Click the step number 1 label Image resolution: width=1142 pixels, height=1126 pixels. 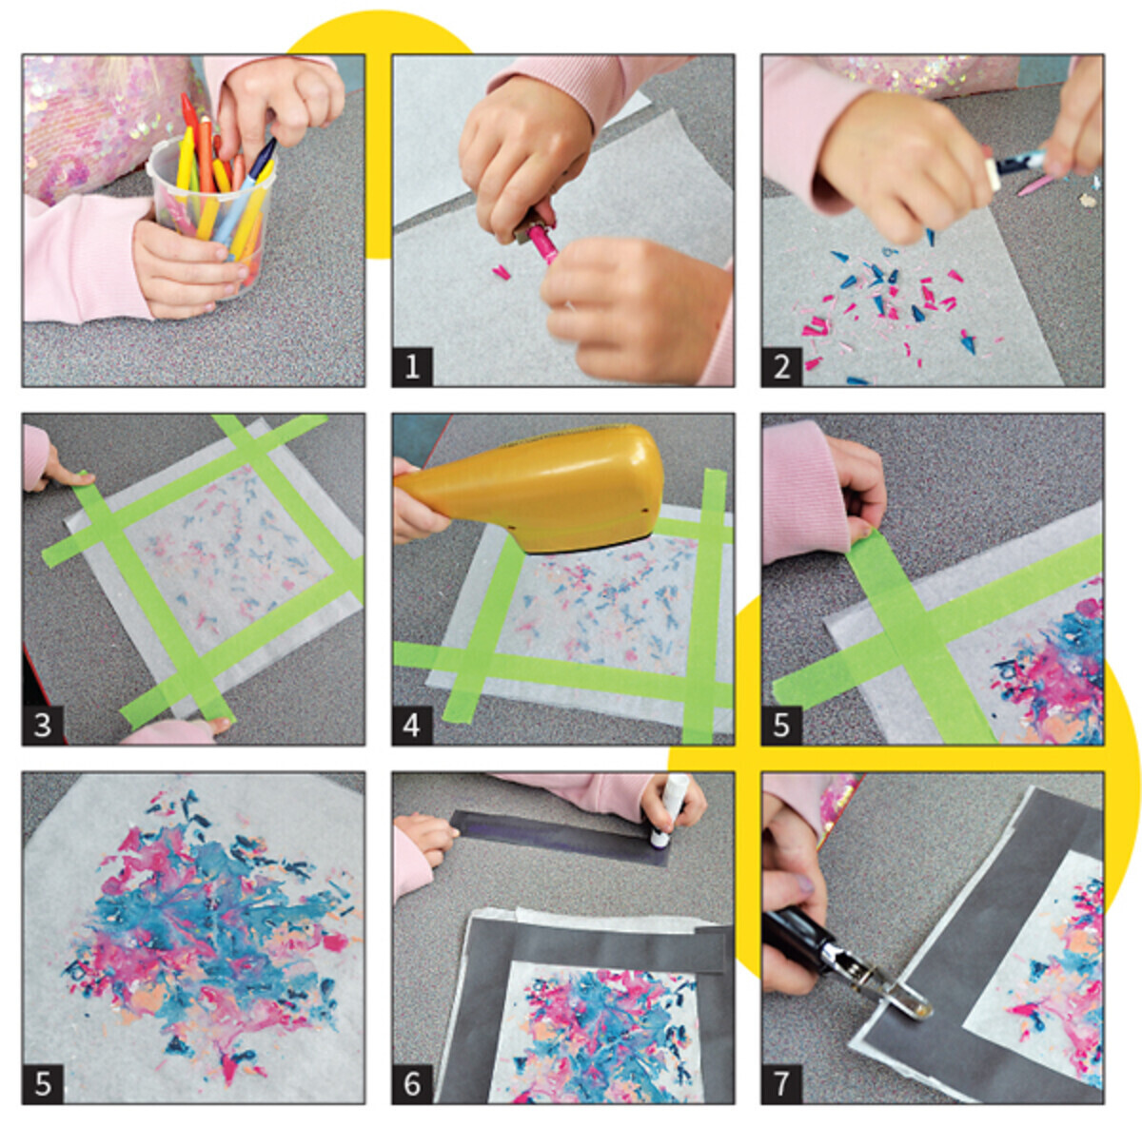(x=412, y=367)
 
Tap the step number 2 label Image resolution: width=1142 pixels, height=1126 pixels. (x=781, y=367)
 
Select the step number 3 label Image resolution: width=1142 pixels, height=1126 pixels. (x=43, y=726)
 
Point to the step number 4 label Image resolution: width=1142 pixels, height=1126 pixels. (x=412, y=726)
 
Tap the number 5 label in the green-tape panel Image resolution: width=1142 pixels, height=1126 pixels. (x=781, y=726)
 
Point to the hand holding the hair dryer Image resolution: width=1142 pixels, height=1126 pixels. (x=418, y=503)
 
